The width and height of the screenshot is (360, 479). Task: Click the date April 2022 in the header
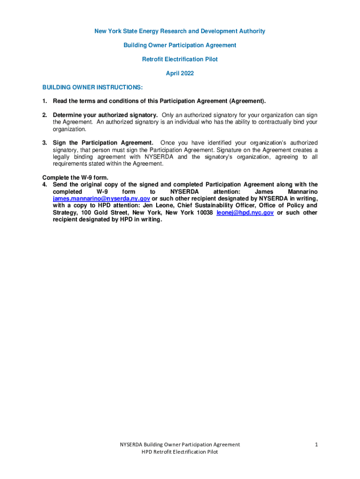180,73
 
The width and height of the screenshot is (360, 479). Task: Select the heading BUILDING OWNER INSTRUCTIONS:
92,87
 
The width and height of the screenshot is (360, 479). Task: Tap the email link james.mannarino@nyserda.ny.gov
101,198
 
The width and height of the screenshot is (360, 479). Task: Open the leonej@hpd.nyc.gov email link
245,212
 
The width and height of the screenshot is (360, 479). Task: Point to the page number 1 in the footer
316,444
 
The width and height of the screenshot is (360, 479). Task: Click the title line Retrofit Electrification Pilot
180,59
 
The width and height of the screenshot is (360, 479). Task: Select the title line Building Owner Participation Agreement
180,45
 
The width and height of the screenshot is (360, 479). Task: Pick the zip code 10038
204,212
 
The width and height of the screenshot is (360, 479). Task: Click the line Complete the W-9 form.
75,177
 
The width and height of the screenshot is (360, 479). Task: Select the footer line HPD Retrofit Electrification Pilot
180,452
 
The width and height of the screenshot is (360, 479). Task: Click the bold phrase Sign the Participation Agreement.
103,143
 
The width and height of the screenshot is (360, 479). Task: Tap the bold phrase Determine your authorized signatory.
105,115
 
